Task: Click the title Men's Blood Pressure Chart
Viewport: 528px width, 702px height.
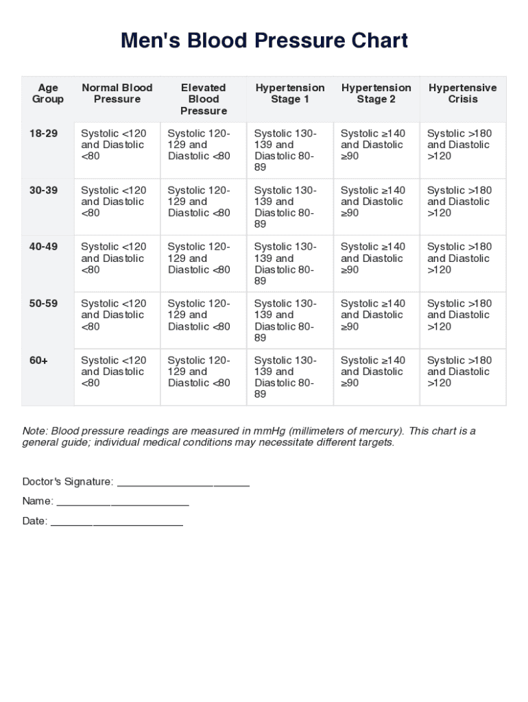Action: point(264,40)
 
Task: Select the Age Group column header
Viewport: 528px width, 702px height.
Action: point(48,93)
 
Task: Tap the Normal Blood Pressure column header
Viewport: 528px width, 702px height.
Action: point(117,93)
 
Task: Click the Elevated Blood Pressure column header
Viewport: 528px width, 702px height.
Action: point(203,99)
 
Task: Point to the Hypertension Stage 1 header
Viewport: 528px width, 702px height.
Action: point(290,93)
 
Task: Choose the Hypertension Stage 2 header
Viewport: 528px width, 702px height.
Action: point(376,93)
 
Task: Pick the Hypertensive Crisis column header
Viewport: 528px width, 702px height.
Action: point(462,93)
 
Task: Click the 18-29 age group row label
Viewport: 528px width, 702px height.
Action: point(43,134)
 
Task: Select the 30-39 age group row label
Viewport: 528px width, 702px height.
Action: point(43,191)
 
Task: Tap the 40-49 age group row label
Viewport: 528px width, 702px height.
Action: point(43,247)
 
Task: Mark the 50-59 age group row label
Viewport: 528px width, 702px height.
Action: point(43,304)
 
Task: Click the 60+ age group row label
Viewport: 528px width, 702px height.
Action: point(38,361)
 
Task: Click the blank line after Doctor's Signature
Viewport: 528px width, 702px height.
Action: point(183,483)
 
